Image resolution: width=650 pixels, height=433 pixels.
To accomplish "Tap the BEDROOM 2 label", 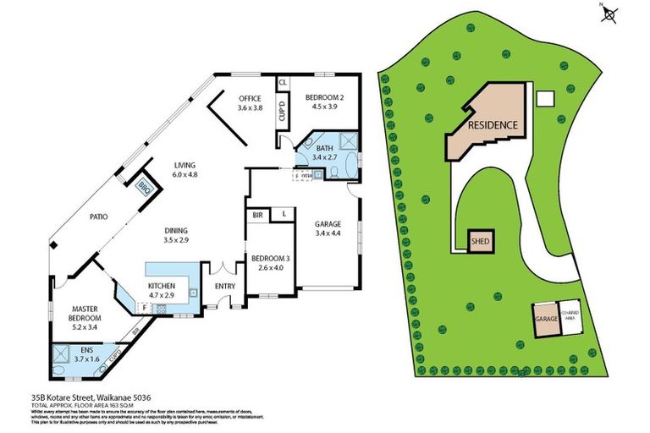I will coord(321,97).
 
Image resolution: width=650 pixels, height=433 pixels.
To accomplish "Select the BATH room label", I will coord(325,148).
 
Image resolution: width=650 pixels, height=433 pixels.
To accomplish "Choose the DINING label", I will coord(176,231).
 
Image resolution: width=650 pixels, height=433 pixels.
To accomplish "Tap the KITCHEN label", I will coord(161,287).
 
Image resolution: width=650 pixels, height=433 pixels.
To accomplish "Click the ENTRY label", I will coord(225,287).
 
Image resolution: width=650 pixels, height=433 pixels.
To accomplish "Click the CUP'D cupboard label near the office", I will coord(282,112).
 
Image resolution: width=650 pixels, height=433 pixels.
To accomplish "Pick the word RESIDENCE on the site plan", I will coord(493,125).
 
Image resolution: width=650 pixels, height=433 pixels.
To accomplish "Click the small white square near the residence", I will coord(546,99).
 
